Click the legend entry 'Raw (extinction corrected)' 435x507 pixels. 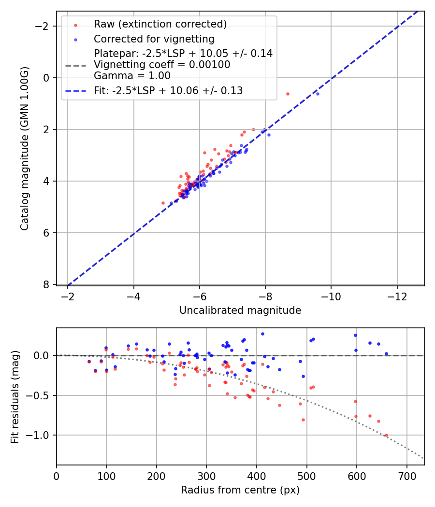160,24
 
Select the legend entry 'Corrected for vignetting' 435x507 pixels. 154,39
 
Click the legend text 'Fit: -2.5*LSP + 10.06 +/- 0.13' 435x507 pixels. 168,91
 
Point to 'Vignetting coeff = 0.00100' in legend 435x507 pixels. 162,65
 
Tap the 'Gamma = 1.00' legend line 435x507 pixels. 132,76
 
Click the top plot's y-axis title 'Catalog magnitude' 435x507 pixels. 25,148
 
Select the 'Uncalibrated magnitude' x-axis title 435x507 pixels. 240,310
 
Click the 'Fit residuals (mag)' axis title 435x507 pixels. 15,397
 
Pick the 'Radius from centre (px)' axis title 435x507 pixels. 240,490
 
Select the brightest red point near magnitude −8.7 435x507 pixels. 288,94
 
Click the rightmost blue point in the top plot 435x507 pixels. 318,94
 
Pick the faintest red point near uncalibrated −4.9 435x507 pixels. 163,203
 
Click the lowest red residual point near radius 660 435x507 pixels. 386,435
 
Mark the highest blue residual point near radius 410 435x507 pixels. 262,334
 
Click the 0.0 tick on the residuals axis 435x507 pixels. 43,355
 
